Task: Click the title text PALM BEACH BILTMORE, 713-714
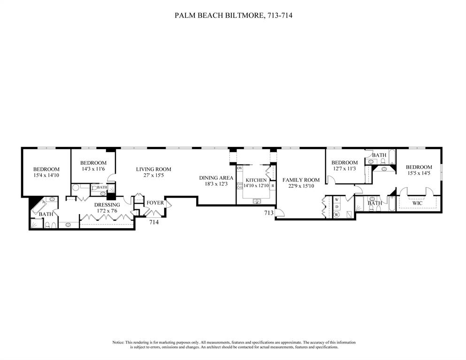234,15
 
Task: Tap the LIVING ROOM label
153,169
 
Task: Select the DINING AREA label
216,178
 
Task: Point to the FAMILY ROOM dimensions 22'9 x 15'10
300,186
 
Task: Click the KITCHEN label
256,180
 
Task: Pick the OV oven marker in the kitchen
239,168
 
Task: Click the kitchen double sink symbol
256,201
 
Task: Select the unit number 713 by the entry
269,213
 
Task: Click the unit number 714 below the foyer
154,222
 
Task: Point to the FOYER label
155,203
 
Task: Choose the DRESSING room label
107,205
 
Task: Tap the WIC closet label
417,203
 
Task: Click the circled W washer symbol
336,214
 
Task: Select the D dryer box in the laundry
336,207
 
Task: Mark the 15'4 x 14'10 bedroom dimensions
46,175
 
